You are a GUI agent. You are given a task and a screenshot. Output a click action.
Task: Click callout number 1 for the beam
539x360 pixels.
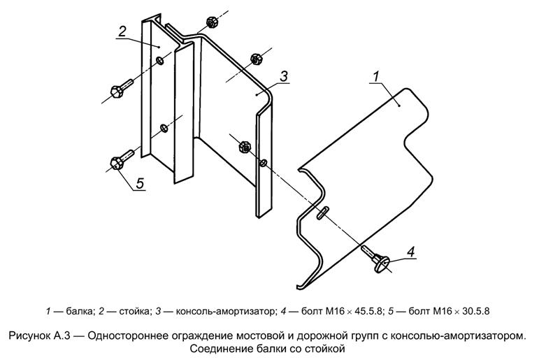click(x=376, y=76)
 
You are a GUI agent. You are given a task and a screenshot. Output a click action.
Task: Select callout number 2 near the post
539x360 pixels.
click(x=122, y=31)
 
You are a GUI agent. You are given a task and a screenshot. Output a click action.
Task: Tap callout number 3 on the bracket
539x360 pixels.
click(x=284, y=76)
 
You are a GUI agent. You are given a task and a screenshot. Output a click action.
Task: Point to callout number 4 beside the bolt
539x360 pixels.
click(x=411, y=252)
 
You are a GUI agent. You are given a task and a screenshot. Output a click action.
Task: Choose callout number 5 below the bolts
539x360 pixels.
click(x=140, y=183)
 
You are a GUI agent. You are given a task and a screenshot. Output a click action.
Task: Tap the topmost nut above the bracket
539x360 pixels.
click(x=212, y=22)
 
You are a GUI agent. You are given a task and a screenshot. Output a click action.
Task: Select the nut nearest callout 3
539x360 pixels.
click(x=255, y=59)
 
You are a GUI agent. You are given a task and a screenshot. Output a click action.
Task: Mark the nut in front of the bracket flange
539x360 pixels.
click(x=245, y=147)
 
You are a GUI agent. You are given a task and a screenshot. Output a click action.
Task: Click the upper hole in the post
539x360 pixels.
click(x=160, y=61)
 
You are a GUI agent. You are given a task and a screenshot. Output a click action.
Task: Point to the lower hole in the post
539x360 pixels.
click(x=164, y=129)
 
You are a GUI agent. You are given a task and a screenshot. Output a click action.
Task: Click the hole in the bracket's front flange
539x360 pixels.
click(x=264, y=162)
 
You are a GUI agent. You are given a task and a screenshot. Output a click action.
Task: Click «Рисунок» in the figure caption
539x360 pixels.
click(x=29, y=336)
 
